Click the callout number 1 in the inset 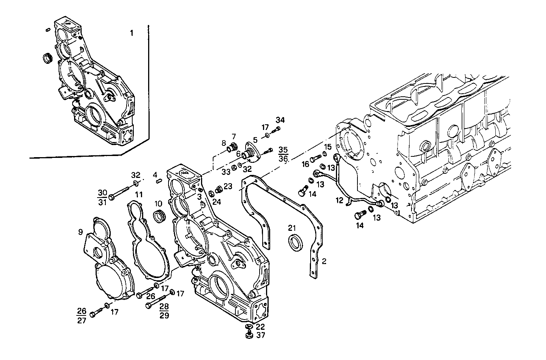131,33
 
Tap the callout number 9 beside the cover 80,232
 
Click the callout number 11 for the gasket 139,195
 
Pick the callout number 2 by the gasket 324,261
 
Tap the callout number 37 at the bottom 261,335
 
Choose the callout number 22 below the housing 261,327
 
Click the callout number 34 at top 280,120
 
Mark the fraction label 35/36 283,154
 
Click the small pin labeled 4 159,181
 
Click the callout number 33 226,172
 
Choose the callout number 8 224,143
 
